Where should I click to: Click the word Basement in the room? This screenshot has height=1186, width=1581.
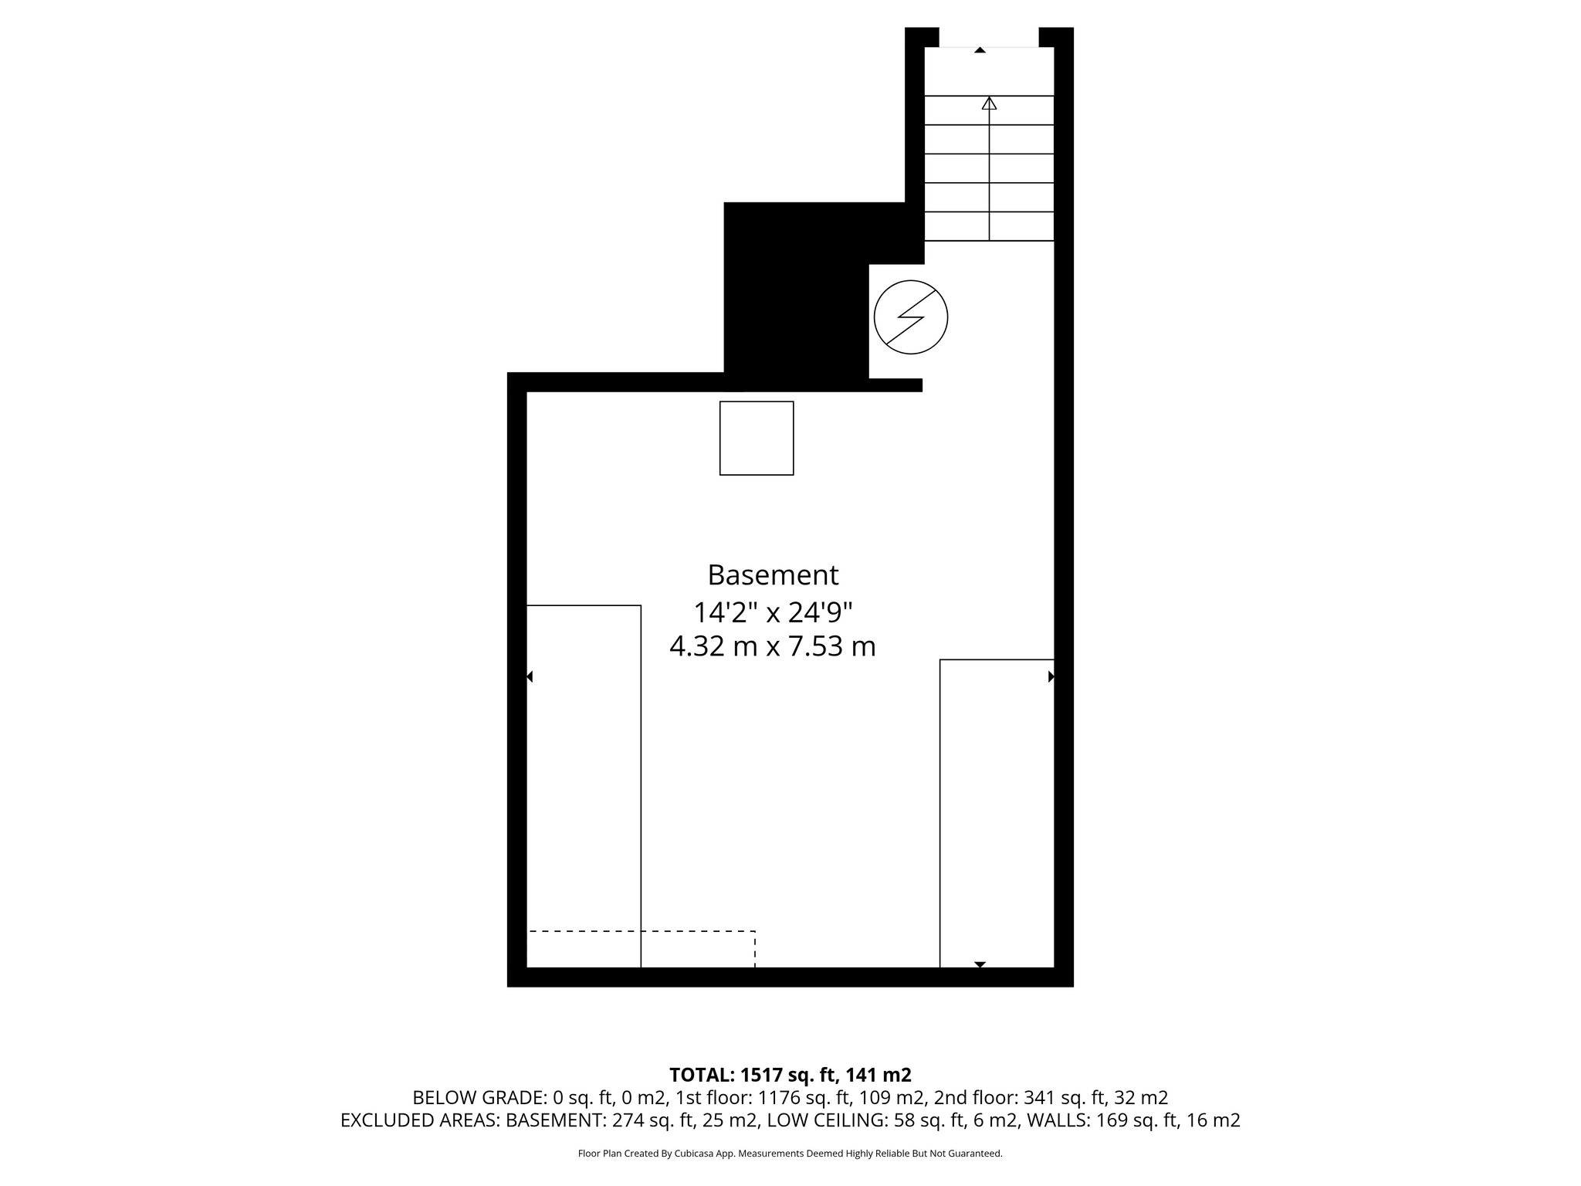pyautogui.click(x=773, y=575)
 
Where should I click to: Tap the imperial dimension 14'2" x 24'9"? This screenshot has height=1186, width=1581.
pyautogui.click(x=773, y=612)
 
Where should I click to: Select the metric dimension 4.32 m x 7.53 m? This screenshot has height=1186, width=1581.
pyautogui.click(x=773, y=646)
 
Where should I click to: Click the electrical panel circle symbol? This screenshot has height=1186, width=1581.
pyautogui.click(x=911, y=317)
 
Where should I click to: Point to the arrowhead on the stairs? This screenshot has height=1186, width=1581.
pyautogui.click(x=989, y=103)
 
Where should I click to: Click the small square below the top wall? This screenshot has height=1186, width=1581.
pyautogui.click(x=757, y=438)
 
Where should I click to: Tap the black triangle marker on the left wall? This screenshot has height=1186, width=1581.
pyautogui.click(x=530, y=677)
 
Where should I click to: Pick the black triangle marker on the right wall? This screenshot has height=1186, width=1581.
pyautogui.click(x=1051, y=677)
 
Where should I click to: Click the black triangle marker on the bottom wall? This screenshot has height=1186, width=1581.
pyautogui.click(x=980, y=964)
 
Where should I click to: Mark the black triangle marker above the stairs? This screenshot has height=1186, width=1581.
pyautogui.click(x=980, y=50)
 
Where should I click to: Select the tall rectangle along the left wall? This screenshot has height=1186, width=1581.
pyautogui.click(x=584, y=786)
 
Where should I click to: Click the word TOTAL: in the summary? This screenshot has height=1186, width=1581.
pyautogui.click(x=702, y=1075)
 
